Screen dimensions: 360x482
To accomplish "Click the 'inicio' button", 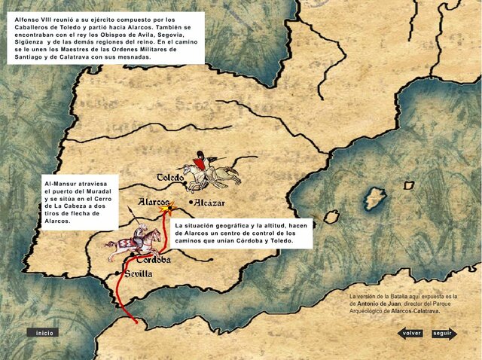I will [x=44, y=332].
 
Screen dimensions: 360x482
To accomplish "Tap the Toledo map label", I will [x=170, y=178].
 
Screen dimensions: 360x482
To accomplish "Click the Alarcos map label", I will [x=153, y=202].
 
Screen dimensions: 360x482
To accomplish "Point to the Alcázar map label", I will [x=210, y=203].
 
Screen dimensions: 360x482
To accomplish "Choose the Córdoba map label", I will [x=154, y=260].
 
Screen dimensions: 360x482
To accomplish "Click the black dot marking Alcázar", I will [x=191, y=203].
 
